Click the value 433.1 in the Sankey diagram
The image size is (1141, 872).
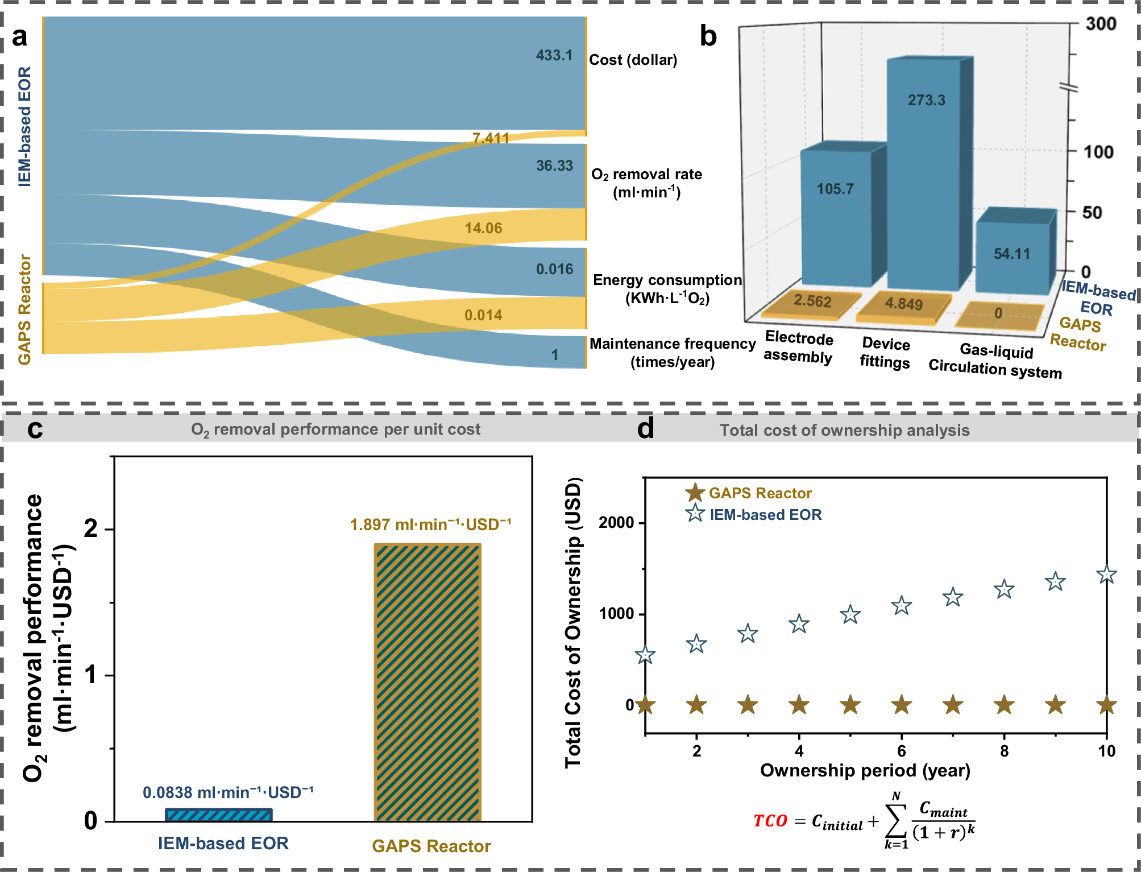click(554, 55)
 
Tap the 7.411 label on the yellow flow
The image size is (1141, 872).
click(491, 138)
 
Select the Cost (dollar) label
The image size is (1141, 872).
click(633, 60)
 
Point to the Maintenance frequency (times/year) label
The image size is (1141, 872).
click(672, 353)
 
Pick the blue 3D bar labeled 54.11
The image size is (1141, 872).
click(1012, 253)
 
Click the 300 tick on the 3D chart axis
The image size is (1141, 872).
click(1100, 24)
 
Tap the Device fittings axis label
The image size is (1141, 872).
click(885, 353)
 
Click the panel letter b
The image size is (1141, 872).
click(708, 36)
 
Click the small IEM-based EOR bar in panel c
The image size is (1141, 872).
click(219, 815)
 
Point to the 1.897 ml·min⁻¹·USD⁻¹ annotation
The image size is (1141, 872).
click(430, 524)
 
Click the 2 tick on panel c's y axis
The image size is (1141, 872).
click(91, 529)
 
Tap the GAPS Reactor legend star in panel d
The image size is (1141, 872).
click(694, 493)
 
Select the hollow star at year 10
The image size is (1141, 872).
click(1106, 575)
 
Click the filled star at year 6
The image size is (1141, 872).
click(902, 705)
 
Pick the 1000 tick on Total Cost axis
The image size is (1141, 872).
click(616, 614)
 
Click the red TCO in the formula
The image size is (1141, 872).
click(770, 821)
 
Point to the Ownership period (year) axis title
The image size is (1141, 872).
click(865, 770)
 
